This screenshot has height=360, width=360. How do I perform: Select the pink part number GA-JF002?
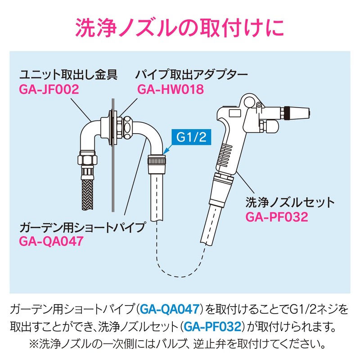click(x=49, y=89)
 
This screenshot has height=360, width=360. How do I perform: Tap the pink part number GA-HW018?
click(x=171, y=89)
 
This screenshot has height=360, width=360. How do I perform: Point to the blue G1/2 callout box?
click(x=191, y=137)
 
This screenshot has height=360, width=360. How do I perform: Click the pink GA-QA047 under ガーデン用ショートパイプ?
click(x=51, y=241)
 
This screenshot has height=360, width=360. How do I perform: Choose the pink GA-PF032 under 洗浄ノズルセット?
click(x=277, y=217)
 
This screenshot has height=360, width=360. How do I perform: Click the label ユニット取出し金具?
click(x=68, y=75)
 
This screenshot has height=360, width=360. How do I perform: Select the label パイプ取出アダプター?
click(x=191, y=75)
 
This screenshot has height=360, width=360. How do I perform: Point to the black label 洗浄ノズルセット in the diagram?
click(x=290, y=202)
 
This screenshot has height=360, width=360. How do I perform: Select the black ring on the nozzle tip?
click(x=287, y=113)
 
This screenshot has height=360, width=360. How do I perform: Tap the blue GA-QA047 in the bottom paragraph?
click(x=170, y=309)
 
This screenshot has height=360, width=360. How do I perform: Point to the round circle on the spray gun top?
click(x=249, y=101)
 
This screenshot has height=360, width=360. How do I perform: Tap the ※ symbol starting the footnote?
click(x=34, y=344)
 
